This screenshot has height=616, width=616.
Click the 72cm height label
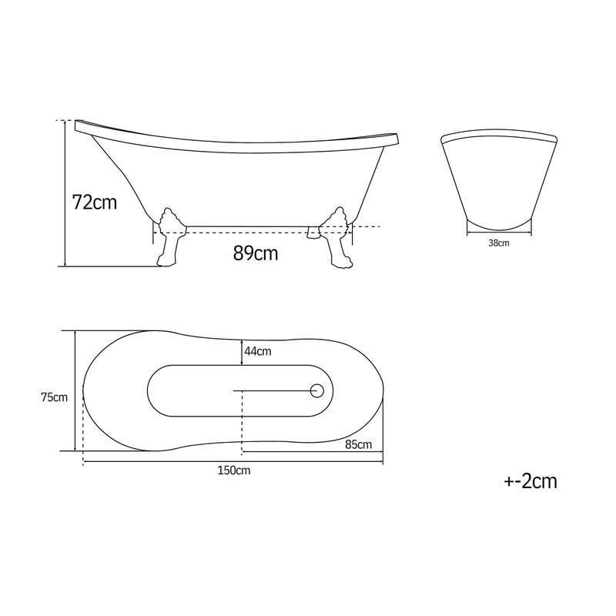coord(95,203)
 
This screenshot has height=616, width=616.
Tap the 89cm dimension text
coord(256,253)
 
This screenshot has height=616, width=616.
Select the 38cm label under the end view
coord(498,243)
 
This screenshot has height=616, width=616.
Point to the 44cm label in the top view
coord(258,351)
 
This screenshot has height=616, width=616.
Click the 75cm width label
coord(54,397)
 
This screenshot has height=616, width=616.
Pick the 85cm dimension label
coord(358,444)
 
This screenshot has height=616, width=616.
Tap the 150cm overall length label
coord(234,470)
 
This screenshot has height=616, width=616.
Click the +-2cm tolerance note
coord(531,480)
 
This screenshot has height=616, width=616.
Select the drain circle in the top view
coord(316,391)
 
